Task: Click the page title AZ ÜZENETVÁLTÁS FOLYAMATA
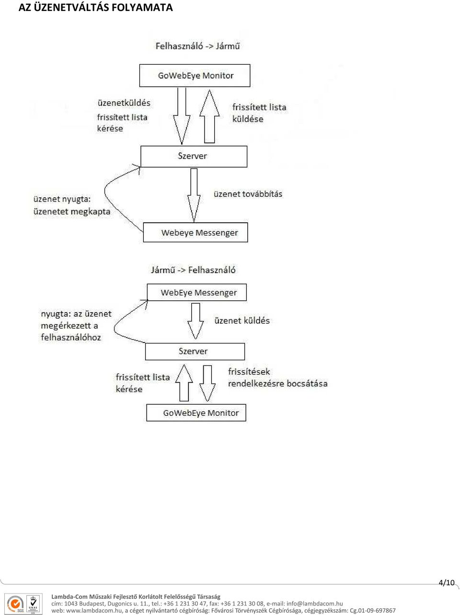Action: point(95,8)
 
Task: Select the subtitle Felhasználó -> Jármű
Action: point(197,46)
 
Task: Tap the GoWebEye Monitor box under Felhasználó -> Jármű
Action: point(195,76)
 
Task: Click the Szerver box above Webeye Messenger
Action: point(194,156)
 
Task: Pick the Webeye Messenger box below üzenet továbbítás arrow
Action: point(195,232)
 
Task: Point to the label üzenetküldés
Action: point(124,103)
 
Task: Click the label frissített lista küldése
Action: point(259,113)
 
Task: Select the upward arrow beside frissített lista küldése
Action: point(209,116)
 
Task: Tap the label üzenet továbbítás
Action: point(248,194)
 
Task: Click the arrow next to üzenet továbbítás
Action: point(194,195)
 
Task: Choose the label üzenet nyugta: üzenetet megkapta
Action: point(72,205)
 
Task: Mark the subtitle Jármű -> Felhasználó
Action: point(193,270)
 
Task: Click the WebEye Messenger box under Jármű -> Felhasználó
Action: point(197,292)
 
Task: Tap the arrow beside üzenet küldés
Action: point(195,321)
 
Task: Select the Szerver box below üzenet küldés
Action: point(195,352)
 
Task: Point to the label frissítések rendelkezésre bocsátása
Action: point(277,377)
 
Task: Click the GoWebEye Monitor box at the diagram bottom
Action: point(196,413)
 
